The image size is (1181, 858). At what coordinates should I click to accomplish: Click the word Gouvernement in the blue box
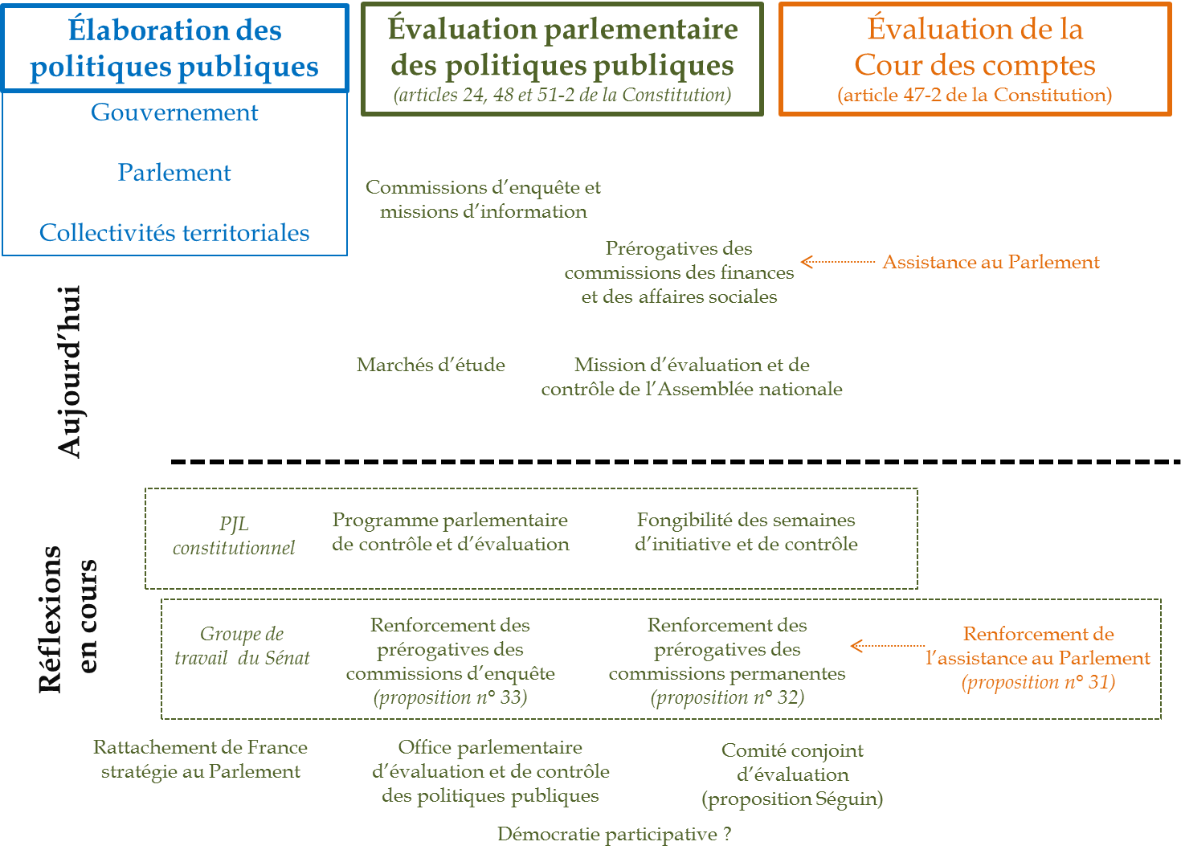[x=174, y=112]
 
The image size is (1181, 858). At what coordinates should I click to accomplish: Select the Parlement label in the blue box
[x=174, y=173]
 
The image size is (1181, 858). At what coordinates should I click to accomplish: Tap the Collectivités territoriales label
[x=174, y=233]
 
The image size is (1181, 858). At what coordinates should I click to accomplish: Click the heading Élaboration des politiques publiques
[x=174, y=48]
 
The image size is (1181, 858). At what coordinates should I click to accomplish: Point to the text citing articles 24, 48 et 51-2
[x=562, y=95]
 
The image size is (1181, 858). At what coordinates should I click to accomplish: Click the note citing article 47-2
[x=975, y=95]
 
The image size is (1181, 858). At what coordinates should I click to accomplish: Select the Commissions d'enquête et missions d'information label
[x=483, y=199]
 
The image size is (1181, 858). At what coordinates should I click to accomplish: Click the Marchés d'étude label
[x=431, y=365]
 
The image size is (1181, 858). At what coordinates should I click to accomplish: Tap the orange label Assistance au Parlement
[x=991, y=262]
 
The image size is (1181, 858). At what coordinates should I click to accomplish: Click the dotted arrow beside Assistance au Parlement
[x=837, y=262]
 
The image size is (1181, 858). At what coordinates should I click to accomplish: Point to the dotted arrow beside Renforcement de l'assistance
[x=887, y=646]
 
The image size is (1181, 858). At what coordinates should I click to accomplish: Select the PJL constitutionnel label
[x=234, y=536]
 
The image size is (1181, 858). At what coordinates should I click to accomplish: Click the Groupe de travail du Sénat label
[x=242, y=646]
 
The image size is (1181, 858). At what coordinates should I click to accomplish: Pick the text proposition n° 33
[x=450, y=697]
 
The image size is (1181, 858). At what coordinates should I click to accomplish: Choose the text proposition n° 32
[x=727, y=697]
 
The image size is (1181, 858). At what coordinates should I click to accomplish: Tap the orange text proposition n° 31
[x=1038, y=682]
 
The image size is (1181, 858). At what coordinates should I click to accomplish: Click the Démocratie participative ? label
[x=614, y=834]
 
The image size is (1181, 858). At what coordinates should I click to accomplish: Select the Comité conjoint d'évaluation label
[x=792, y=774]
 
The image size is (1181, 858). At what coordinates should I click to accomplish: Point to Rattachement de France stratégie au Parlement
[x=200, y=759]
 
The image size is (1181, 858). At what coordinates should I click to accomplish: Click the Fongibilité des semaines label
[x=746, y=532]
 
